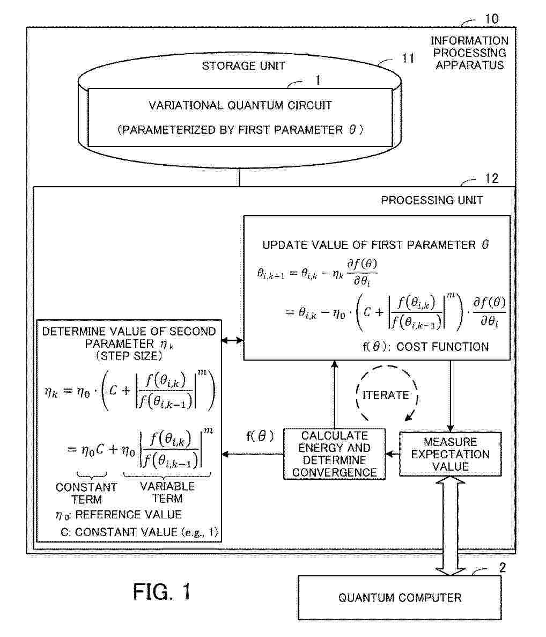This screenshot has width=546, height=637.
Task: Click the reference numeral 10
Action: coord(492,19)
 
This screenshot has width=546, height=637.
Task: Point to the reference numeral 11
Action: coord(408,58)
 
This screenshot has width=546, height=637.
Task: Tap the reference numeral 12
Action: coord(492,178)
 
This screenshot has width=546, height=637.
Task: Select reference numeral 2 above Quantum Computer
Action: coord(502,568)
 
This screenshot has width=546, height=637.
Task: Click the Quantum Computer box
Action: coord(400,598)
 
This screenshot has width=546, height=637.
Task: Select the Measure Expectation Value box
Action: coord(450,454)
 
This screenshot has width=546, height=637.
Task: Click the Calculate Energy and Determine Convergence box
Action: coord(335,454)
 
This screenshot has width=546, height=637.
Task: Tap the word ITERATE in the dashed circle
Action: coord(386,395)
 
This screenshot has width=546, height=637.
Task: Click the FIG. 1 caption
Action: coord(162,591)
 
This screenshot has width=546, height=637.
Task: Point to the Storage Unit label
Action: coord(244,66)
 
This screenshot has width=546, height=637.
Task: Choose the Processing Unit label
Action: coord(432,200)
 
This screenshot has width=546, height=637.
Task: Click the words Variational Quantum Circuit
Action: coord(240,105)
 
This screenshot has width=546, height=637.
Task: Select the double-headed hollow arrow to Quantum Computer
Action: coord(450,526)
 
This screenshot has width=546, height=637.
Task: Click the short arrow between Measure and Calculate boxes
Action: coord(393,454)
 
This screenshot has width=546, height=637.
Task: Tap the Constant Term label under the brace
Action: coord(86,493)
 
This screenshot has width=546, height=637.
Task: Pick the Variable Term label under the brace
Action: coord(167,493)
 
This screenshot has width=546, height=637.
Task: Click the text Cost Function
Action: coord(442,347)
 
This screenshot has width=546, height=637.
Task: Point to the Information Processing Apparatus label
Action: coord(470,53)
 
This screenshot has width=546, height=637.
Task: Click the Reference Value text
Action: coord(128,515)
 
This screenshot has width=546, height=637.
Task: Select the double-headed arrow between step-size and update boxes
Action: coord(232,340)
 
